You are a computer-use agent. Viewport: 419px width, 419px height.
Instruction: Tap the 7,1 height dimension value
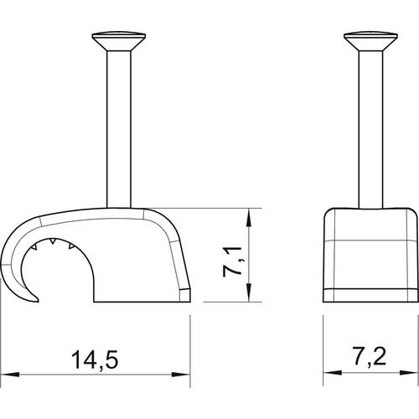tap(232, 261)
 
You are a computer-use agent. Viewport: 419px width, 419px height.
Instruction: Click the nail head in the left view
tap(119, 41)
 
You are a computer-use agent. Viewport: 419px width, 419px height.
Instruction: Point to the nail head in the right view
tap(370, 41)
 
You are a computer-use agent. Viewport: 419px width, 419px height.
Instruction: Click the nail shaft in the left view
tap(119, 129)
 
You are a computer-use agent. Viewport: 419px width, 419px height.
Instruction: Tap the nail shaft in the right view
tap(370, 129)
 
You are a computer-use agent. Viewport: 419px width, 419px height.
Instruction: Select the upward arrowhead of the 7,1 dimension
tap(248, 219)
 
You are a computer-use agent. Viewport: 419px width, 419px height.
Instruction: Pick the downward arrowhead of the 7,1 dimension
tap(248, 292)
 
